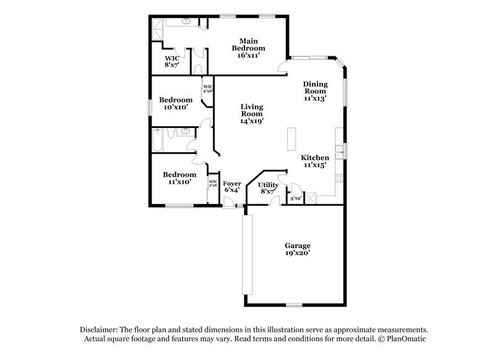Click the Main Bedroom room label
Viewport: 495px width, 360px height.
coord(248,48)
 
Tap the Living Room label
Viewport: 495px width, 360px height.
coord(251,114)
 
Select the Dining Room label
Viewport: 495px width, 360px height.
coord(315,90)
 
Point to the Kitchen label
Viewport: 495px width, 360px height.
coord(315,161)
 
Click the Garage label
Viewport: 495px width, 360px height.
coord(298,249)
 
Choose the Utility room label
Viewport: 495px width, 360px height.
coord(269,188)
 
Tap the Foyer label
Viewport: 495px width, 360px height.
coord(232,187)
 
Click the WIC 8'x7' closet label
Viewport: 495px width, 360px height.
coord(171,61)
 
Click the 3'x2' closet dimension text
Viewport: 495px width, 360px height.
coord(295,198)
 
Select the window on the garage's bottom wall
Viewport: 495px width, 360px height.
coord(294,305)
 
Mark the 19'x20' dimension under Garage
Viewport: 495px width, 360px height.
coord(298,253)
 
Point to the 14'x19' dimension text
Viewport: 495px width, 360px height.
coord(251,121)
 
